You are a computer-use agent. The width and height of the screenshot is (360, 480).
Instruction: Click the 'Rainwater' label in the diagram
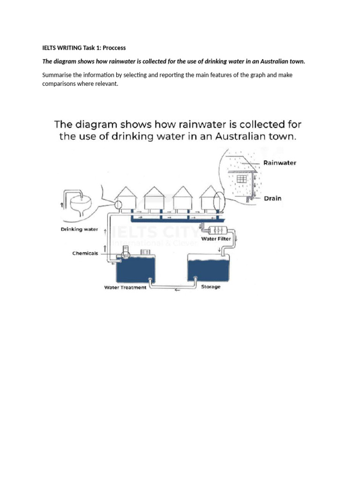tap(279, 163)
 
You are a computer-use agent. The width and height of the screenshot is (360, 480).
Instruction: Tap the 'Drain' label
tap(272, 198)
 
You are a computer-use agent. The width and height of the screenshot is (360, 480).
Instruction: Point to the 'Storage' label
tap(210, 286)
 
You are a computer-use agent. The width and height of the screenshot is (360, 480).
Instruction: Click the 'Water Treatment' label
tap(125, 287)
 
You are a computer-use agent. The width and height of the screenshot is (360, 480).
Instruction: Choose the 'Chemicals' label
tap(85, 253)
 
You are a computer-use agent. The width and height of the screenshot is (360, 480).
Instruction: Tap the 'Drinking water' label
tap(79, 229)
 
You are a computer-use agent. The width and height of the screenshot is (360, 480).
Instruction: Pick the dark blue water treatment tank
tap(135, 270)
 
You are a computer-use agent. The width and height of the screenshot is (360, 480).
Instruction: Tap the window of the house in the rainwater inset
tap(241, 179)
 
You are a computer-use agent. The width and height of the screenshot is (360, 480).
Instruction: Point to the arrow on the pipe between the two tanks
tap(177, 290)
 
